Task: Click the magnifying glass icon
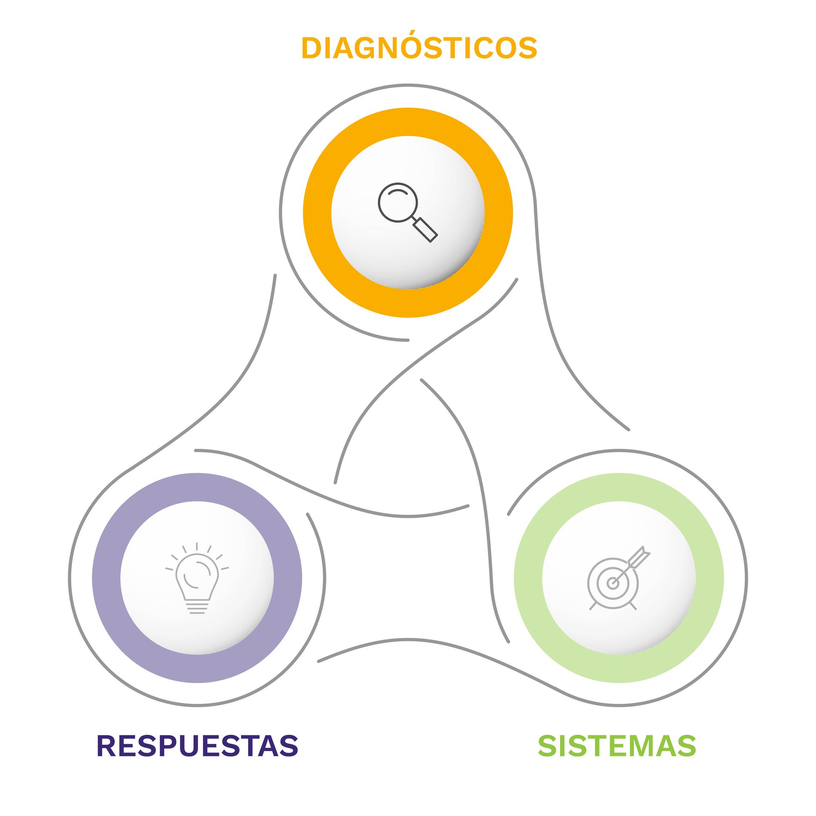(408, 212)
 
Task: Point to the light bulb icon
(197, 578)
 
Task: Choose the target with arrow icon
(618, 578)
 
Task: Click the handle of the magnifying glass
(425, 230)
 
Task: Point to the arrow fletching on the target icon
(641, 555)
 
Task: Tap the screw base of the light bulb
(197, 607)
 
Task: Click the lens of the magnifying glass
(398, 202)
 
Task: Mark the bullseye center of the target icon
(612, 583)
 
